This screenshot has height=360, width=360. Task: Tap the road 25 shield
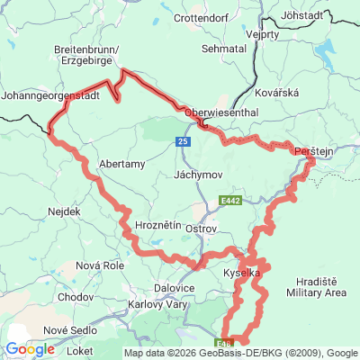pyautogui.click(x=183, y=142)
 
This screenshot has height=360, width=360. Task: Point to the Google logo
pyautogui.click(x=29, y=349)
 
